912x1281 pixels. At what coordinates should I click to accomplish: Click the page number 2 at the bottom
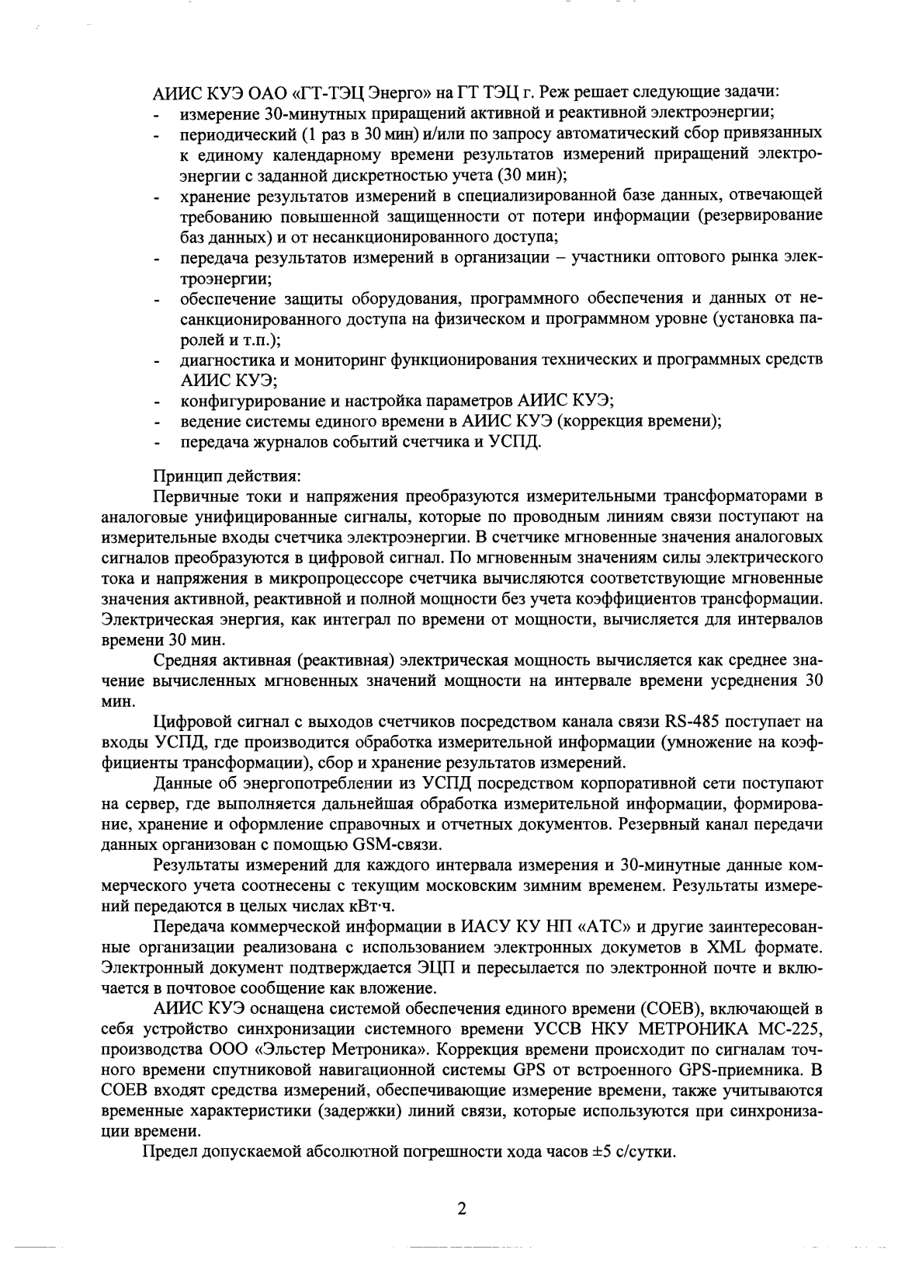tap(461, 1210)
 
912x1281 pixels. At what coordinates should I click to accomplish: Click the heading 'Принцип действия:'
tap(205, 475)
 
